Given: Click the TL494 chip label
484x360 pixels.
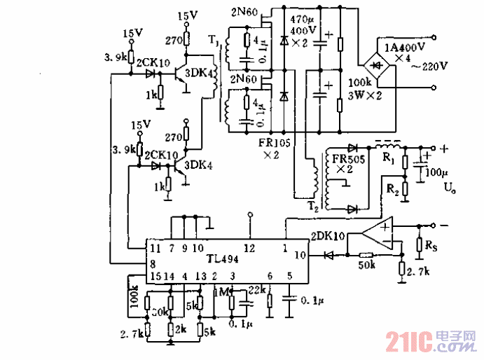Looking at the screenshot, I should coord(223,258).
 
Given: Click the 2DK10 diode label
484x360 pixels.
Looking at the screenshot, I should coord(326,237).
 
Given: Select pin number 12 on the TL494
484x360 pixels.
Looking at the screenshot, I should coord(249,247).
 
